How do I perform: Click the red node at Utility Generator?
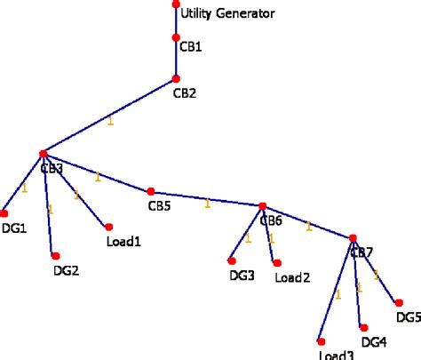click(x=176, y=4)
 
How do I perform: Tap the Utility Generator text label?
click(x=227, y=13)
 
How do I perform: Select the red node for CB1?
click(x=176, y=38)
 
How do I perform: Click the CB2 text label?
click(x=184, y=92)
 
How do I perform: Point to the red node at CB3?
click(x=43, y=155)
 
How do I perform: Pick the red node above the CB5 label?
click(x=151, y=191)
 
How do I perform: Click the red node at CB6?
click(x=263, y=206)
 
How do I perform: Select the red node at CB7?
click(x=353, y=238)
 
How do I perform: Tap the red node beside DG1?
click(x=4, y=213)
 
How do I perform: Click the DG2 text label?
click(x=66, y=271)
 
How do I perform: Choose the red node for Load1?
click(x=108, y=227)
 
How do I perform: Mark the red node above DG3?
click(x=232, y=260)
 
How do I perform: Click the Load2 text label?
click(x=292, y=277)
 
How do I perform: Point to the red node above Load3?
click(x=322, y=341)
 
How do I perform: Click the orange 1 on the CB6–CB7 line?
click(x=308, y=226)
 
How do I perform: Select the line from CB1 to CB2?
click(x=176, y=59)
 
